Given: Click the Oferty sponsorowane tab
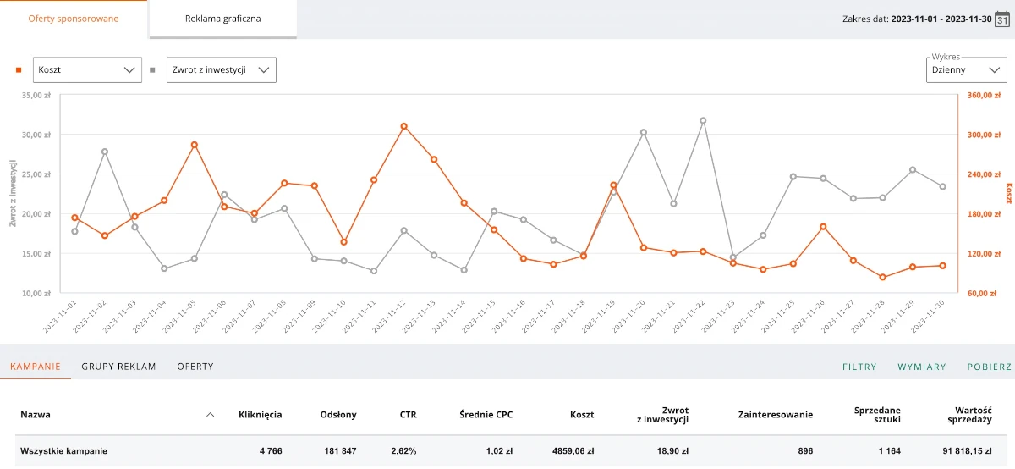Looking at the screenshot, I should coord(74,19).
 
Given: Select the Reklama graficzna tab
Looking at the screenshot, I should coord(223,19).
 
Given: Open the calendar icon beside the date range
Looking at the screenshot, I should coord(1002,19).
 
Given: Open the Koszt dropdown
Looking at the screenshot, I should coord(87,70).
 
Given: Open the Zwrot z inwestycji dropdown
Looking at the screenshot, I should coord(222,70).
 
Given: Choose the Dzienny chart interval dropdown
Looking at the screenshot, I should coord(966,70).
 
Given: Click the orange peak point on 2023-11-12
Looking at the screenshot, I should coord(404,126).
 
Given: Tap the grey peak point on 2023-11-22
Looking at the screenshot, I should coord(703,121).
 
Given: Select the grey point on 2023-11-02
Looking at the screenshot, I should coord(105,152).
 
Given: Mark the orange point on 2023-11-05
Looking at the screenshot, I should coord(195,145).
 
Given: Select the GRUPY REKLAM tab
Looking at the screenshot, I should coord(118,367).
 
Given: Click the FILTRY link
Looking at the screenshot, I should coord(859,367).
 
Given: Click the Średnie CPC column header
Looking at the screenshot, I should coord(486,415).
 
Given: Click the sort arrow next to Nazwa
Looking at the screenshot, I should coord(211,415).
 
